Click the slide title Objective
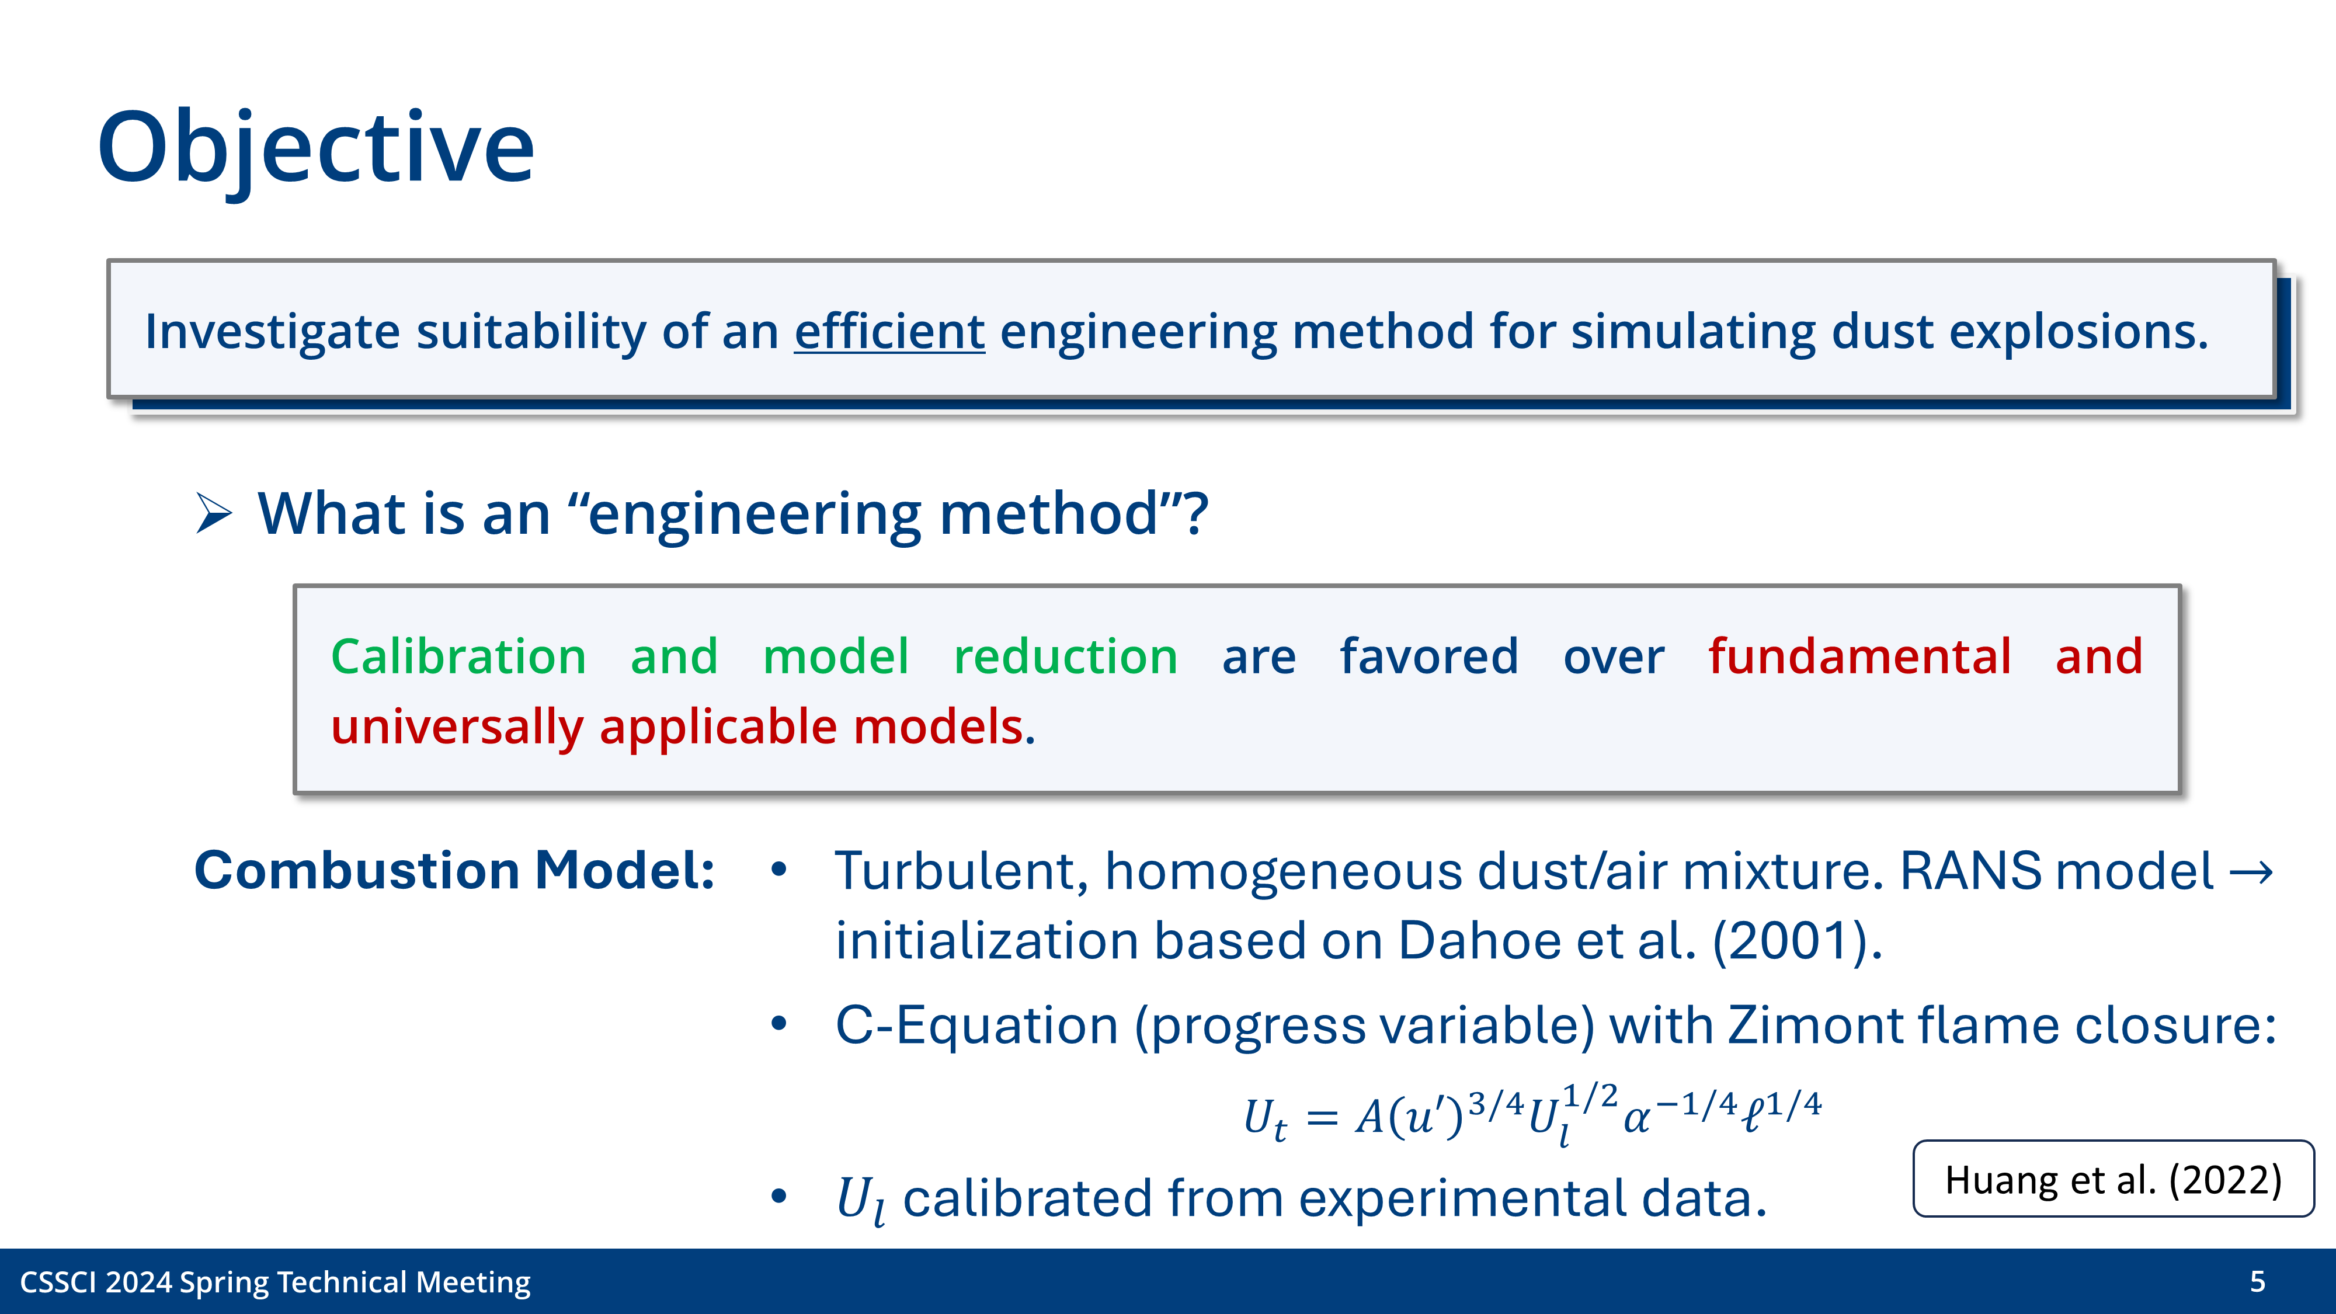click(x=315, y=148)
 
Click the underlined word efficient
click(x=889, y=331)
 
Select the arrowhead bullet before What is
click(x=214, y=514)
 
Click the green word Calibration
click(x=458, y=656)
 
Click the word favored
click(x=1428, y=656)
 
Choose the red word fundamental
click(x=1859, y=656)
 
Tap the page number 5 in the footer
click(x=2258, y=1281)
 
